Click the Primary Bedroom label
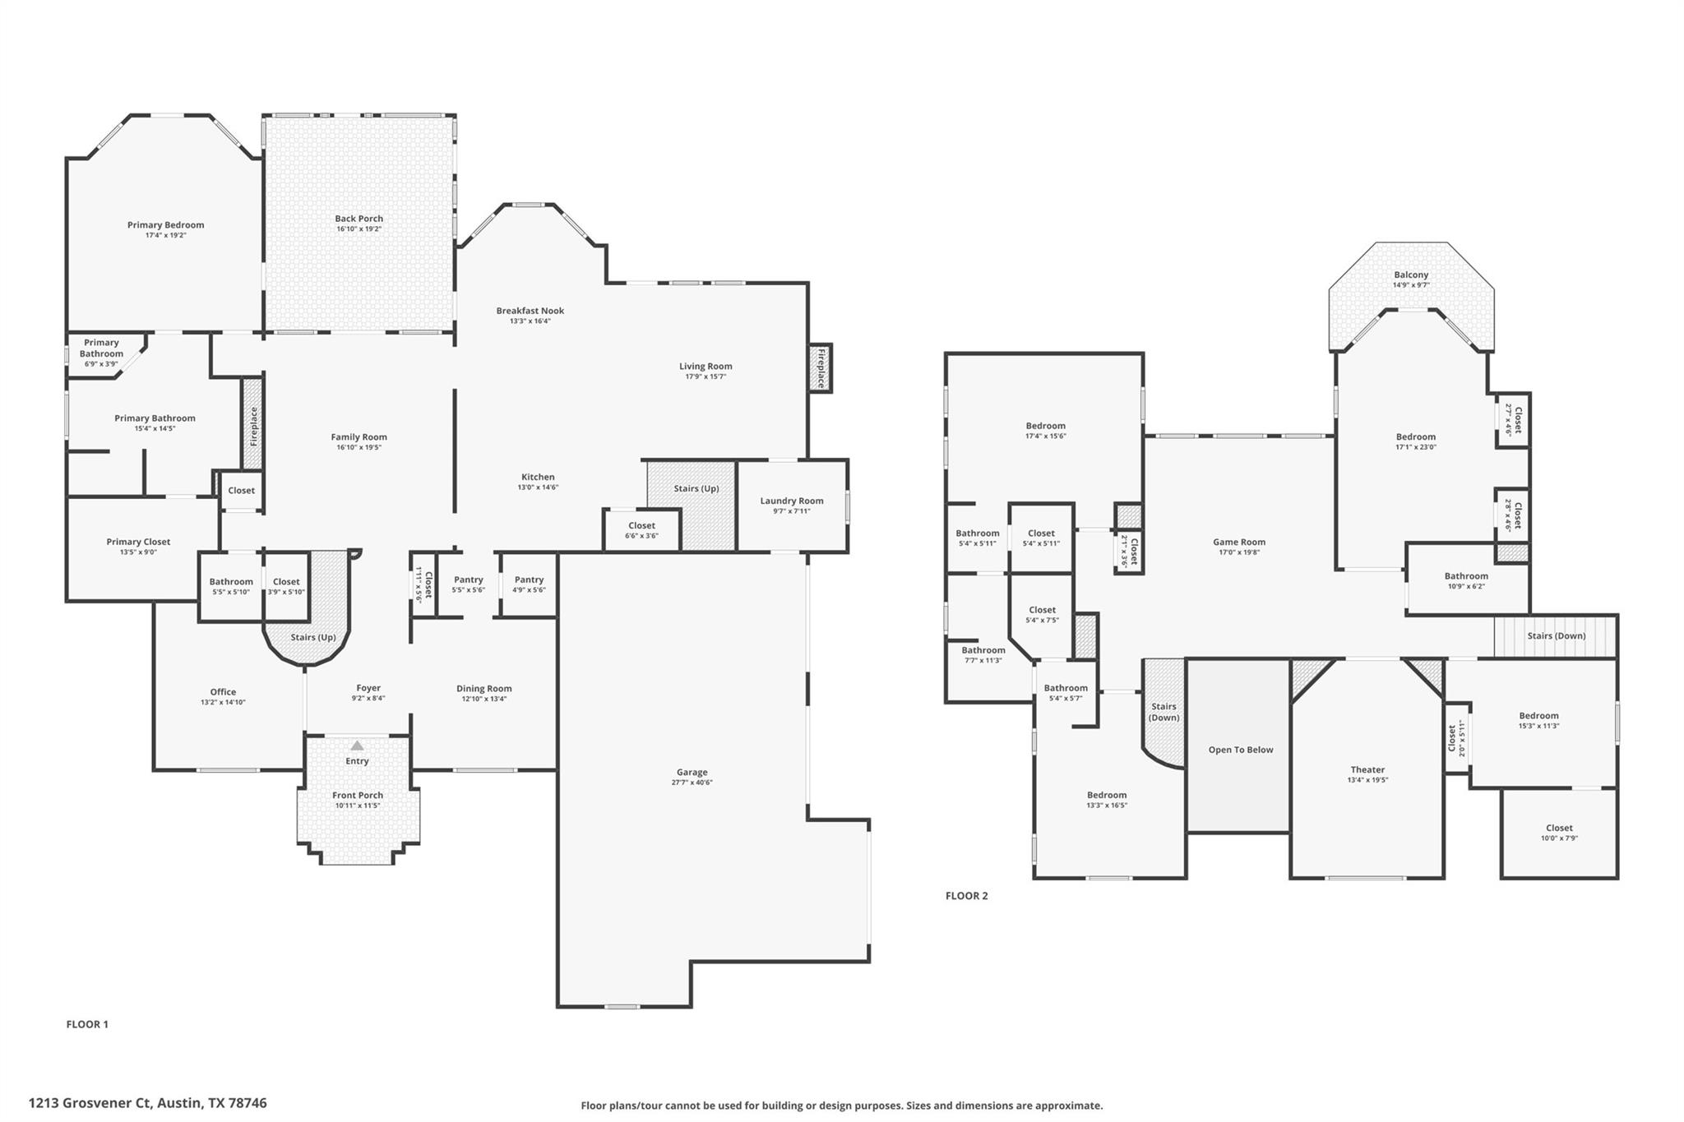[x=165, y=225]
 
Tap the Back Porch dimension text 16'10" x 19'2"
[x=359, y=229]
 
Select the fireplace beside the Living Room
[x=820, y=367]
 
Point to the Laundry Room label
[x=791, y=501]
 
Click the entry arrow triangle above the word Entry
[x=357, y=746]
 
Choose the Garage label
[x=692, y=773]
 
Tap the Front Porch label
[x=357, y=796]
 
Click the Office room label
[x=223, y=692]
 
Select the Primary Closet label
[x=138, y=542]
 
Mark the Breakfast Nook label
[x=530, y=311]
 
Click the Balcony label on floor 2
[x=1411, y=275]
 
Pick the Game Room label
[x=1238, y=543]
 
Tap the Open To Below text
[x=1240, y=750]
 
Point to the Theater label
[x=1367, y=770]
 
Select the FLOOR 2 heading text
[x=966, y=896]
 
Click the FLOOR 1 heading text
[x=87, y=1024]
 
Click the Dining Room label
[x=483, y=689]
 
